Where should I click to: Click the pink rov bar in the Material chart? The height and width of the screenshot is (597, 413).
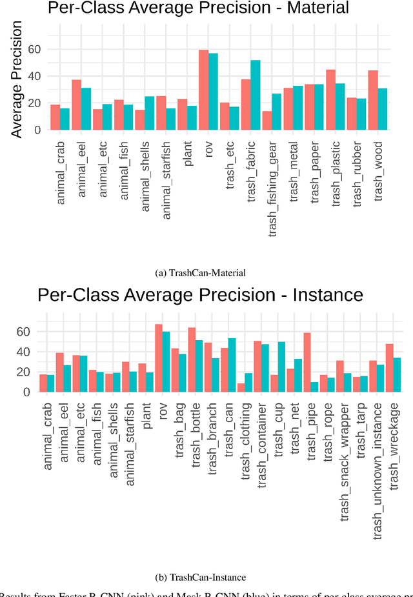coord(203,90)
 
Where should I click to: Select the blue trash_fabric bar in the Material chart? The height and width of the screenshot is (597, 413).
coord(256,95)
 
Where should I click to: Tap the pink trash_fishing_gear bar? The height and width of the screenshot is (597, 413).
coord(267,121)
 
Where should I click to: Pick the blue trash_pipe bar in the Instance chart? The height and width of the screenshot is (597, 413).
coord(314,387)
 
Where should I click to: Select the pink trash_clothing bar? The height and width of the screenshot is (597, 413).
coord(241,388)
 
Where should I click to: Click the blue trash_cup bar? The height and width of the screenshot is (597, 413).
coord(281,367)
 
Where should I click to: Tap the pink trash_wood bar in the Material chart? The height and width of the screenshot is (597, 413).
coord(372,100)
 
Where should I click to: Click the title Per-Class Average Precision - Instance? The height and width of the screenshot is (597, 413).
coord(200,296)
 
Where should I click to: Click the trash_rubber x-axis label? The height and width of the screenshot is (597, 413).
coord(357,173)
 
